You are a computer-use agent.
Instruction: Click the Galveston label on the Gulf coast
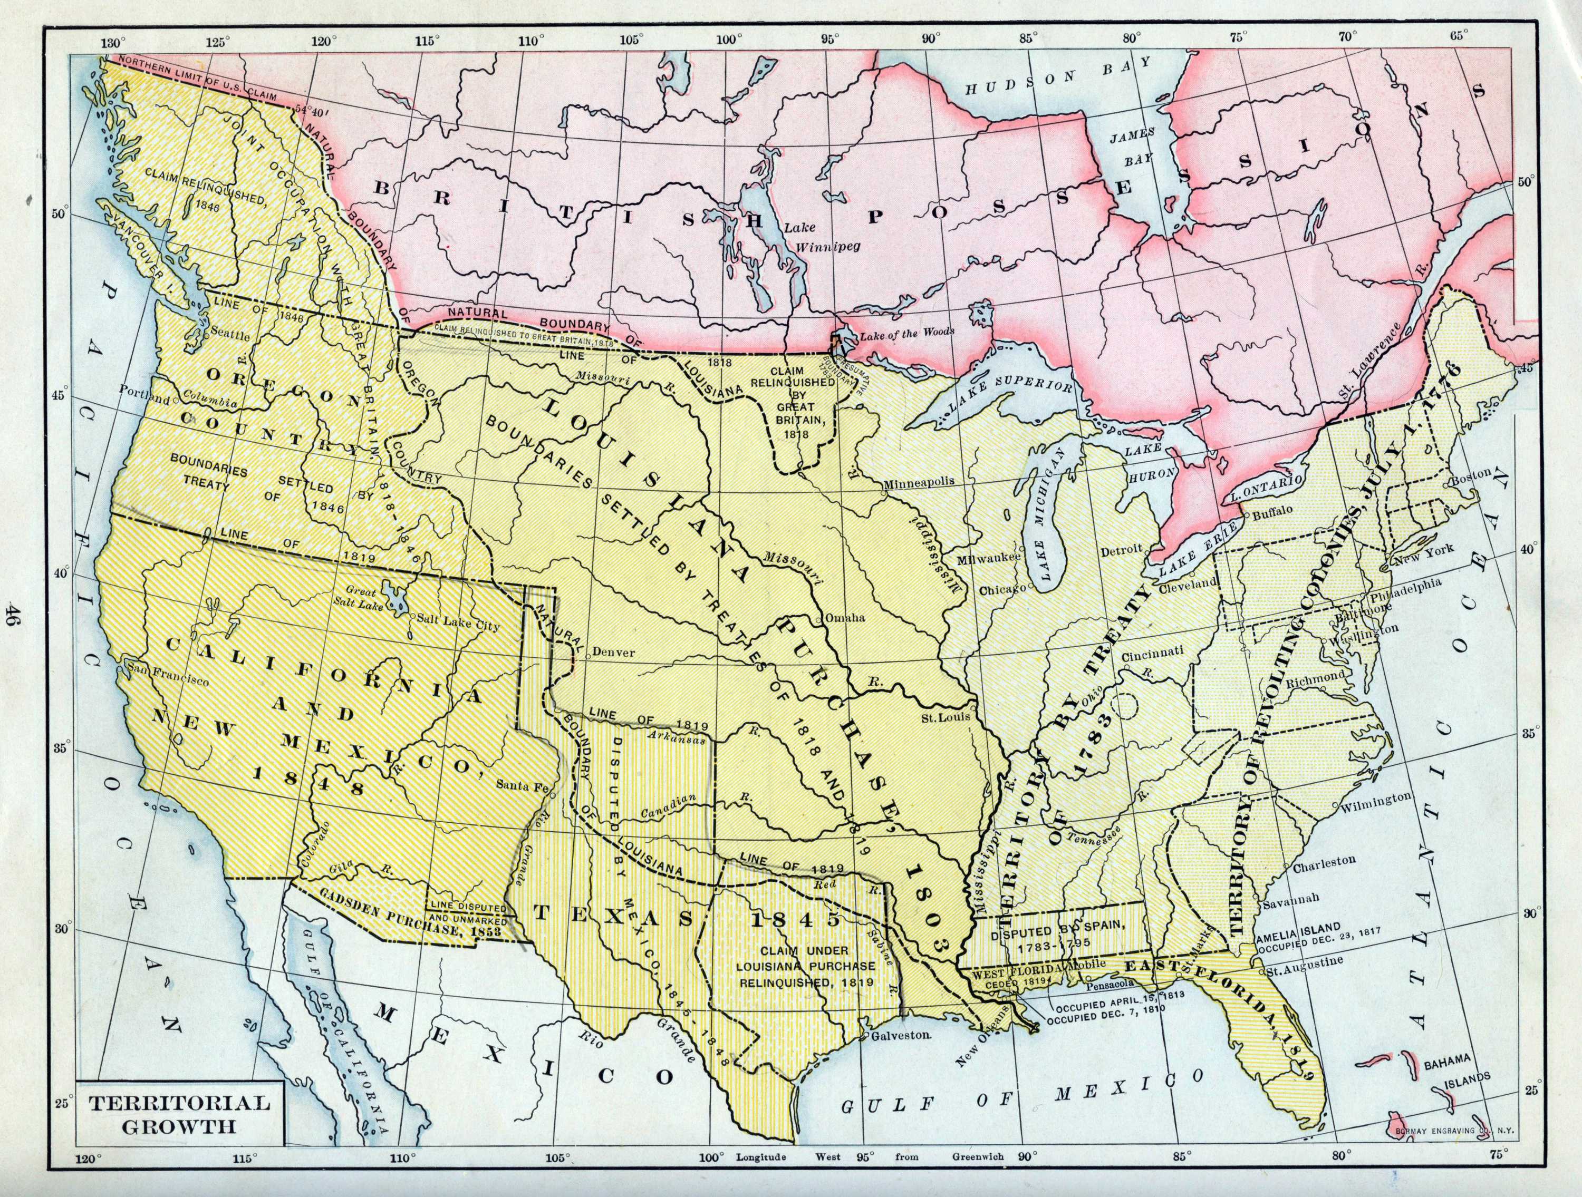(x=901, y=1035)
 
